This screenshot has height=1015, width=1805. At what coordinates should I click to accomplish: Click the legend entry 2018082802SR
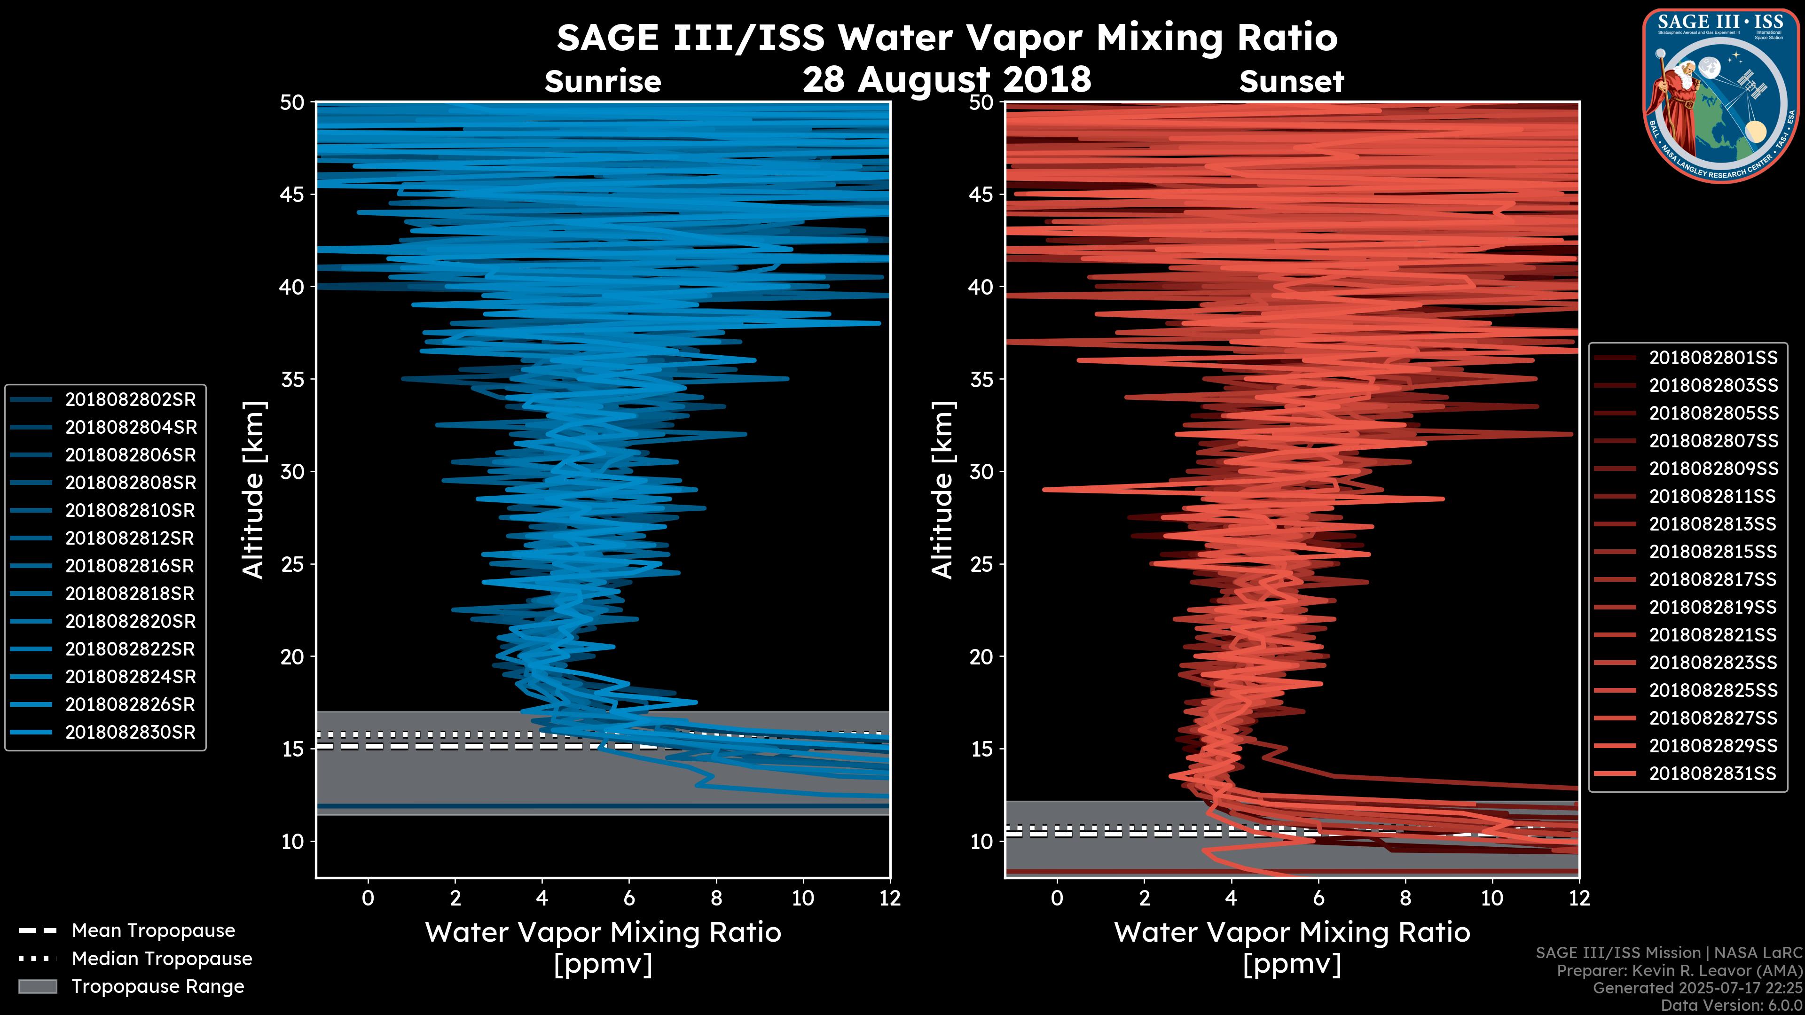click(x=130, y=399)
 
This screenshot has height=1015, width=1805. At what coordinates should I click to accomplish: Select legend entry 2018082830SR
click(x=130, y=732)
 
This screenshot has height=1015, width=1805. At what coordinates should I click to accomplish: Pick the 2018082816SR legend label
click(x=130, y=566)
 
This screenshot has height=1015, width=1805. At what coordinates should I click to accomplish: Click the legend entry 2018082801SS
click(x=1712, y=358)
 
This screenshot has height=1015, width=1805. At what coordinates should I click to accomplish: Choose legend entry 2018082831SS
click(x=1712, y=773)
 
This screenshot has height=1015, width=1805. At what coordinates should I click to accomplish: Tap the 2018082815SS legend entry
click(x=1712, y=552)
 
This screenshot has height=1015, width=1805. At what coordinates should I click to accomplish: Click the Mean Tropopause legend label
click(x=153, y=930)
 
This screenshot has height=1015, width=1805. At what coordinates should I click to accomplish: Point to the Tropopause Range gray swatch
click(x=37, y=986)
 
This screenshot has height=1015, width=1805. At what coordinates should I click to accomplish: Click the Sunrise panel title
click(x=603, y=82)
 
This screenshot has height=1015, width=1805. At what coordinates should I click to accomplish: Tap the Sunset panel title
click(x=1291, y=82)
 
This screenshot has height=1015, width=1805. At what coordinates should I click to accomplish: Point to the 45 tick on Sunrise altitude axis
click(x=292, y=194)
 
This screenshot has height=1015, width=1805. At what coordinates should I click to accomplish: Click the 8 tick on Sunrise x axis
click(x=716, y=898)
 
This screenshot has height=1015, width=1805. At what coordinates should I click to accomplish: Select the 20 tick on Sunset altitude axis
click(x=981, y=656)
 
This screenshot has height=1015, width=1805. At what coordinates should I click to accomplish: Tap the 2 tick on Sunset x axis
click(x=1144, y=898)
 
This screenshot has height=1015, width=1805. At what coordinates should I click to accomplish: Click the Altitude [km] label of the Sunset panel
click(x=942, y=490)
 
